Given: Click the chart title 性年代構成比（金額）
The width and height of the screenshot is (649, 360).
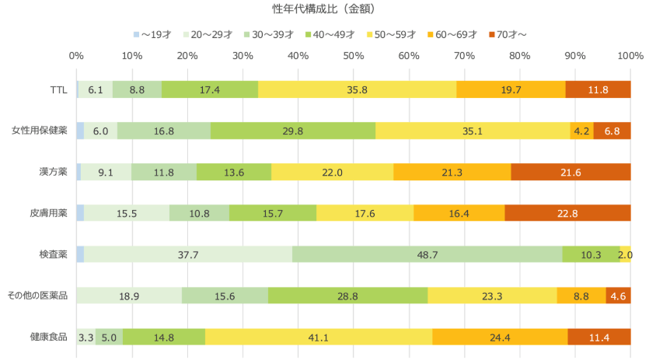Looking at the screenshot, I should pos(324,9).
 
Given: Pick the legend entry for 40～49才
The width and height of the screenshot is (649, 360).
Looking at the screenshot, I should pos(330,35).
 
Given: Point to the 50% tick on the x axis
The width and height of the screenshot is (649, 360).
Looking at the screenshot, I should pos(354,56).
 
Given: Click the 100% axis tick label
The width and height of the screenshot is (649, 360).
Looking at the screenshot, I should pos(630,56).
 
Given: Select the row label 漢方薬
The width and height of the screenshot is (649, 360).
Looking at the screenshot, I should pos(53,172).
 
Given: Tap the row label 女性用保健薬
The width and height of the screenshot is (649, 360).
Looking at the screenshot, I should pos(40,131).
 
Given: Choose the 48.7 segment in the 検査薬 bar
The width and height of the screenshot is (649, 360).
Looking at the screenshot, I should pos(427,254).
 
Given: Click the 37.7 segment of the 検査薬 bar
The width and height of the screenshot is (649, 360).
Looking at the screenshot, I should pos(189,254).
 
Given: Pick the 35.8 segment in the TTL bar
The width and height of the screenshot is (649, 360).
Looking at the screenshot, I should pos(357,89).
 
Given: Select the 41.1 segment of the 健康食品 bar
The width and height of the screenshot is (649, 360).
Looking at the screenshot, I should pos(319,337).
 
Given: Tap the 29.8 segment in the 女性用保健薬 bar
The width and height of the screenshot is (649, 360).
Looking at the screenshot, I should pos(293,131).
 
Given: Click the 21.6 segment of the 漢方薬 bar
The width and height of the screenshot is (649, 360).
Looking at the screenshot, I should pos(570,172).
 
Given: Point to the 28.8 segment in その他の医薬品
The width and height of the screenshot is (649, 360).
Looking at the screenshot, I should pos(348,295).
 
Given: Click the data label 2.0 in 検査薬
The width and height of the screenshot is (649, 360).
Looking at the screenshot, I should pos(625,254).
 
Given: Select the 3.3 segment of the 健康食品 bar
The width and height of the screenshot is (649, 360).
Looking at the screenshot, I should pos(86,337).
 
